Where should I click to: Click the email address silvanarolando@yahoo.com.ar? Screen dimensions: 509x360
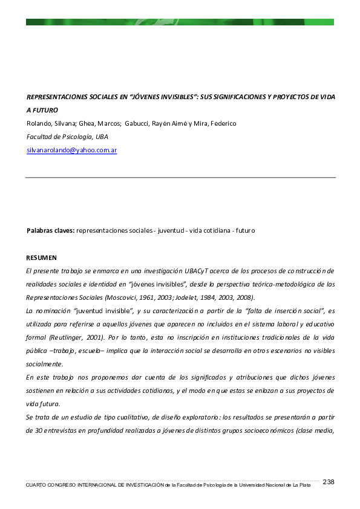(x=71, y=150)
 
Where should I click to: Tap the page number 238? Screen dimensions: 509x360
(x=329, y=482)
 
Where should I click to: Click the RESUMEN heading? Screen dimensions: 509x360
(x=41, y=257)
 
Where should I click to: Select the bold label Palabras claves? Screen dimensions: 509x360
(x=50, y=230)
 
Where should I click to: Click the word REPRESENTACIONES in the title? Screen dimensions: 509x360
(x=61, y=97)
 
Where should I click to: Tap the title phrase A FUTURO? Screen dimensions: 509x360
(x=42, y=110)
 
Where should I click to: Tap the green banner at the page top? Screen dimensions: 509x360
(x=180, y=22)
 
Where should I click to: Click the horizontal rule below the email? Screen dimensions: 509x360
(x=180, y=178)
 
